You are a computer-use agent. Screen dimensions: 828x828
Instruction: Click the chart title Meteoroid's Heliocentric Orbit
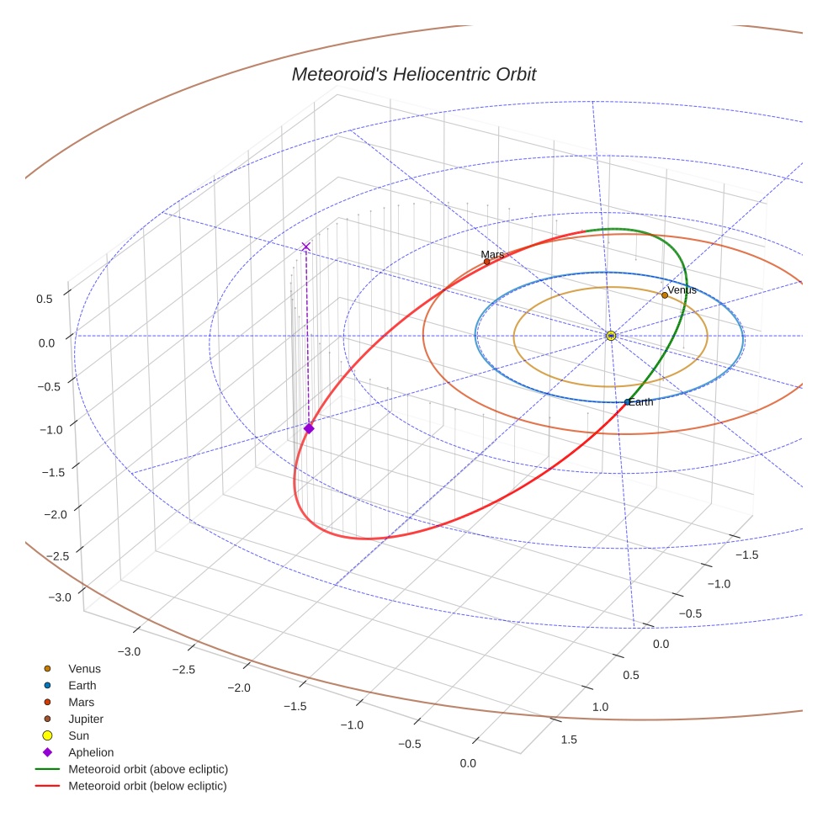413,75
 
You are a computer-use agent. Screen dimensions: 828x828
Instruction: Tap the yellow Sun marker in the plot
611,336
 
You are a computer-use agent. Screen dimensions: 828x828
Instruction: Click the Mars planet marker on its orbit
486,262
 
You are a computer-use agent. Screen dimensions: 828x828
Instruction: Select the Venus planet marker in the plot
665,295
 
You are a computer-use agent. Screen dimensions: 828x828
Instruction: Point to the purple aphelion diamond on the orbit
309,428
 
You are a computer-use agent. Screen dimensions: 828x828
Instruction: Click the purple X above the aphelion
305,247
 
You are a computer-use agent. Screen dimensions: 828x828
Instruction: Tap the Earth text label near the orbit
640,402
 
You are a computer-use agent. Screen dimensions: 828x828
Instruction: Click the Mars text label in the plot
492,254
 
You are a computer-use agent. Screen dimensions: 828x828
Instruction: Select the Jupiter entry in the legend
86,719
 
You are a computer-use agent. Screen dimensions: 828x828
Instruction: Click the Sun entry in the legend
79,735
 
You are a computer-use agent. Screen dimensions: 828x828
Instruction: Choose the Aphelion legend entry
91,752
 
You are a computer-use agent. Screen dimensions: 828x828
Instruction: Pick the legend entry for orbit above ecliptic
148,769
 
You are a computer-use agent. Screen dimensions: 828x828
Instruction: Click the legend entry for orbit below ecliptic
147,786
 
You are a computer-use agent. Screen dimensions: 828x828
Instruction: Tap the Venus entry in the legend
84,668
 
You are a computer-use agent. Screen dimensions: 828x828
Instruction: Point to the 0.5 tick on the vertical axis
45,299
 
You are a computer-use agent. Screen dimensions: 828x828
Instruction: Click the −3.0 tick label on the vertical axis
59,597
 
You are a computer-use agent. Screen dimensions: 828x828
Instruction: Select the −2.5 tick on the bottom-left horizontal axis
183,669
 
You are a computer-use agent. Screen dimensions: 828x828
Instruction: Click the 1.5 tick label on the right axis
569,740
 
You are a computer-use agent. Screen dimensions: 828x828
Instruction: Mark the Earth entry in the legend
82,685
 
